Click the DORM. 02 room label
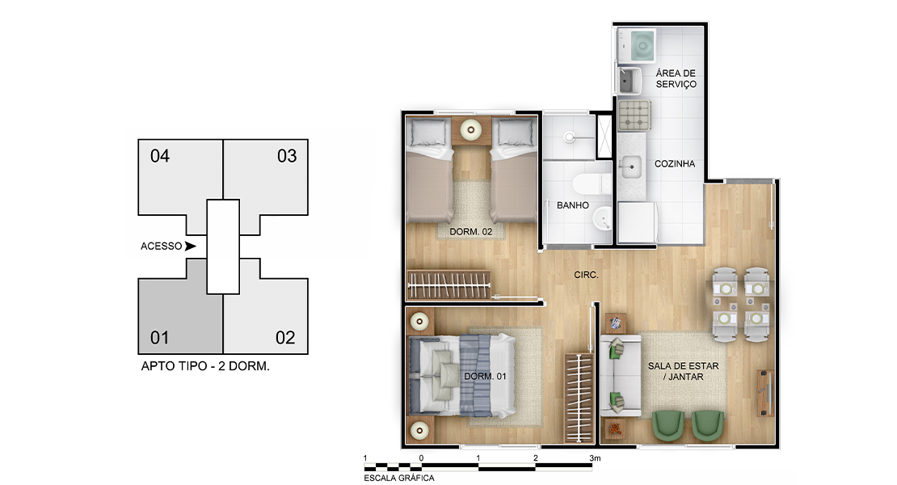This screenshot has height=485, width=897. pyautogui.click(x=471, y=232)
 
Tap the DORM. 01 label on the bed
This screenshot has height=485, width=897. pyautogui.click(x=485, y=376)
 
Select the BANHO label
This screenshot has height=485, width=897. pyautogui.click(x=573, y=205)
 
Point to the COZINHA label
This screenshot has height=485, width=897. pyautogui.click(x=675, y=163)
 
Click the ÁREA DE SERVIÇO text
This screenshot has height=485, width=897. pyautogui.click(x=676, y=78)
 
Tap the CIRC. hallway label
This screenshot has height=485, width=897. pyautogui.click(x=587, y=275)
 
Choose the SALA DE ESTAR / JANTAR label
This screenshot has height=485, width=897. pyautogui.click(x=683, y=371)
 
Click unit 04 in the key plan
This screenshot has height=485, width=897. pyautogui.click(x=180, y=177)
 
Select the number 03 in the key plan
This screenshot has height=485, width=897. pyautogui.click(x=287, y=156)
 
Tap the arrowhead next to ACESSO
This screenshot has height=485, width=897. pyautogui.click(x=190, y=246)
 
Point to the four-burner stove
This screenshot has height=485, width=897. pyautogui.click(x=634, y=115)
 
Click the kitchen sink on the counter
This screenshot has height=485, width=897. pyautogui.click(x=631, y=167)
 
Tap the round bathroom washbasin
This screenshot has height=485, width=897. pyautogui.click(x=601, y=218)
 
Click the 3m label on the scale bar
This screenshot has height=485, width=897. pyautogui.click(x=595, y=458)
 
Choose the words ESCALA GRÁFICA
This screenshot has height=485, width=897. pyautogui.click(x=398, y=478)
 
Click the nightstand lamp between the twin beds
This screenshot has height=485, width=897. pyautogui.click(x=471, y=130)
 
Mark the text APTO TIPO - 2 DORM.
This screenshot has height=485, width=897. pyautogui.click(x=205, y=366)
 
